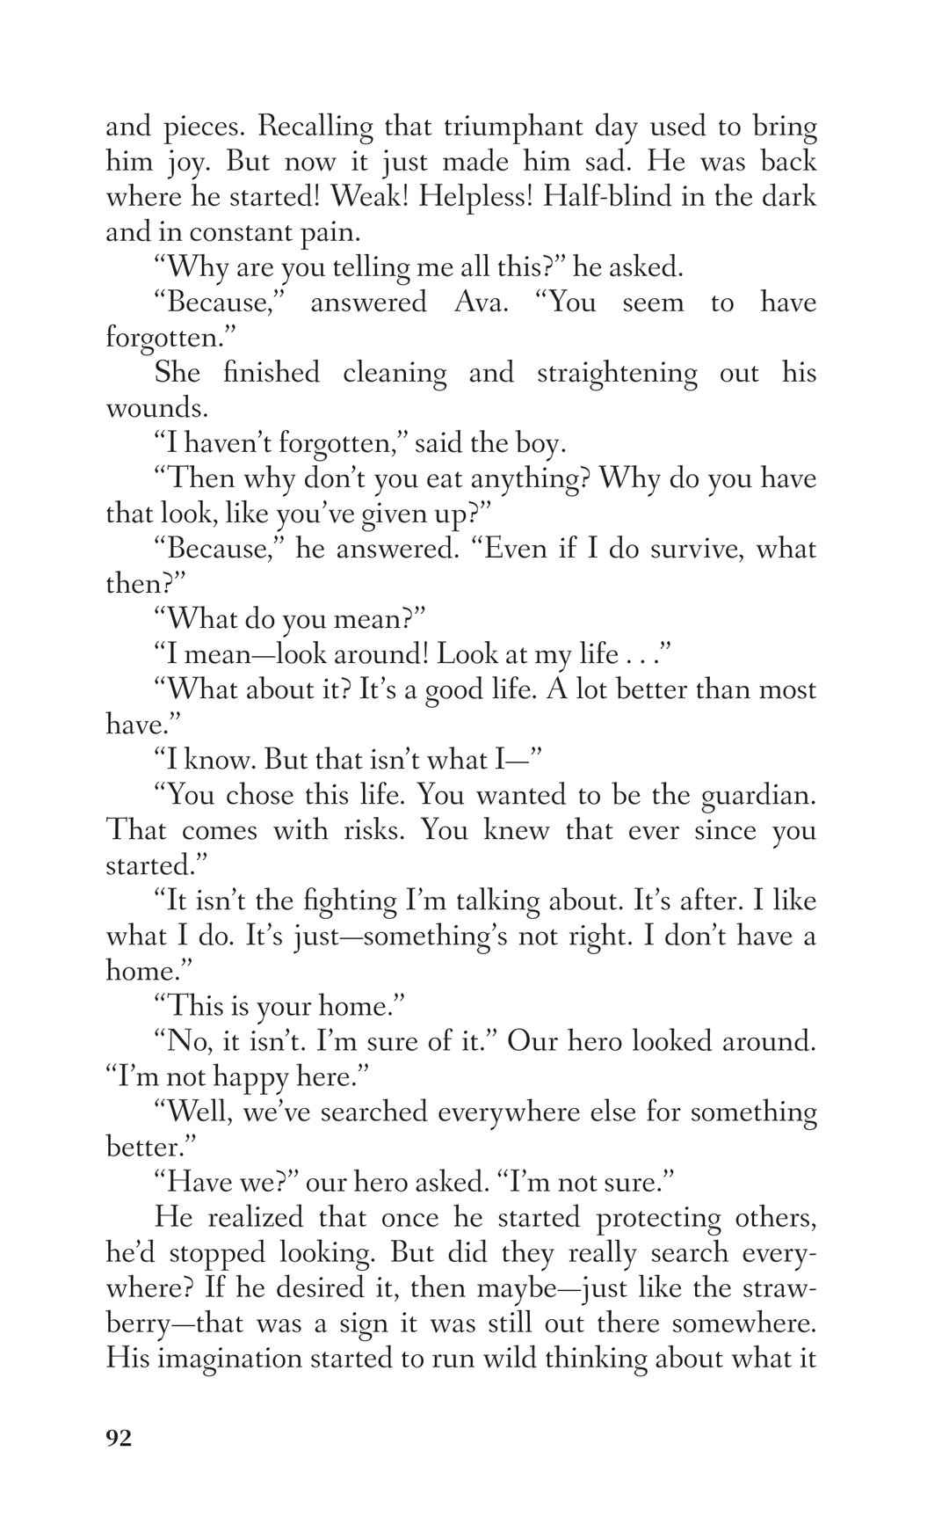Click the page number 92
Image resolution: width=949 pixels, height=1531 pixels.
pos(119,1438)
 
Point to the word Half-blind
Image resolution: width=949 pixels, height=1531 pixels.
pos(601,197)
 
